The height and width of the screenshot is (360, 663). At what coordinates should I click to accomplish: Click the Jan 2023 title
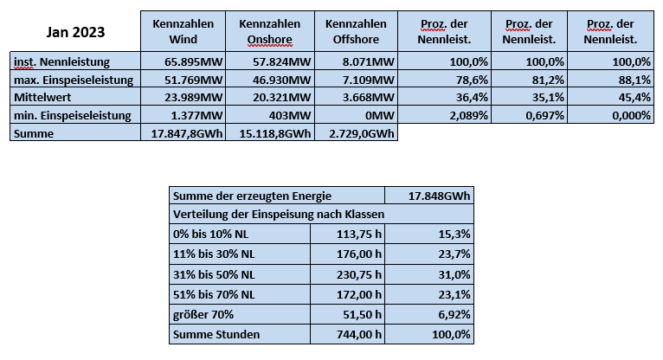pos(75,32)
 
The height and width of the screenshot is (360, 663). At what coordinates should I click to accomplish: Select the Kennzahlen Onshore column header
pos(270,32)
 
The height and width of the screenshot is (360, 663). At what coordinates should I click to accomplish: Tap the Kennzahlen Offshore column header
pos(356,32)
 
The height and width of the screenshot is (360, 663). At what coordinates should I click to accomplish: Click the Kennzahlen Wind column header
pos(183,32)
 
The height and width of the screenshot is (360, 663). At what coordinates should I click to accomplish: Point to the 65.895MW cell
pos(193,61)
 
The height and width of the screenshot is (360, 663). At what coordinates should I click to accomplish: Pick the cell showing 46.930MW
pos(282,80)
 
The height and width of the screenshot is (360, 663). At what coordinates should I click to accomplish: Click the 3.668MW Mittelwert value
pos(369,97)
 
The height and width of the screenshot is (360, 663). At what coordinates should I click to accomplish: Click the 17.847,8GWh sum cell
pos(187,133)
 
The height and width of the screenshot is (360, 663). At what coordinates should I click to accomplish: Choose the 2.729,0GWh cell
pos(362,133)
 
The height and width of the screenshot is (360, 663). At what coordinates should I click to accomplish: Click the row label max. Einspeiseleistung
pos(74,80)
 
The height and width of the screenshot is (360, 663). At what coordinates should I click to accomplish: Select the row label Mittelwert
pos(42,97)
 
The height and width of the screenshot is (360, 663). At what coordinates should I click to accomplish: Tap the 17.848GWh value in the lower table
pos(439,196)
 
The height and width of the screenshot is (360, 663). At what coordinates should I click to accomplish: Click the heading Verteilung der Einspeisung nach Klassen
pos(279,215)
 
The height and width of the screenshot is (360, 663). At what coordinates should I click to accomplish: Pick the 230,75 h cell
pos(359,274)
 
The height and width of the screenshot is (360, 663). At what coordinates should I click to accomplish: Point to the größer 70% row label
pos(203,314)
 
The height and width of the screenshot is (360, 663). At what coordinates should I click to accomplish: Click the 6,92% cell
pos(454,314)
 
